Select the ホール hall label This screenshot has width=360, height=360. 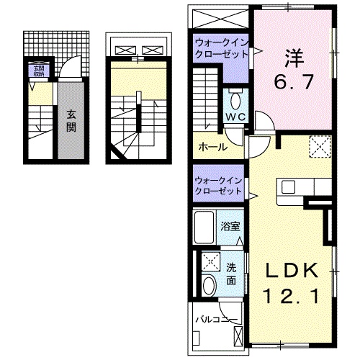coord(212,147)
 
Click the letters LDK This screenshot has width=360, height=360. coord(292,271)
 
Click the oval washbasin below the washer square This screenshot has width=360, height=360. coord(210,285)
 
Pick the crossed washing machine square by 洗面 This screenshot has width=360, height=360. coord(210,261)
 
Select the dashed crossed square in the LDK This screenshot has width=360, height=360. coord(318,148)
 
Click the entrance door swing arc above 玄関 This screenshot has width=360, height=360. coord(69,70)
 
